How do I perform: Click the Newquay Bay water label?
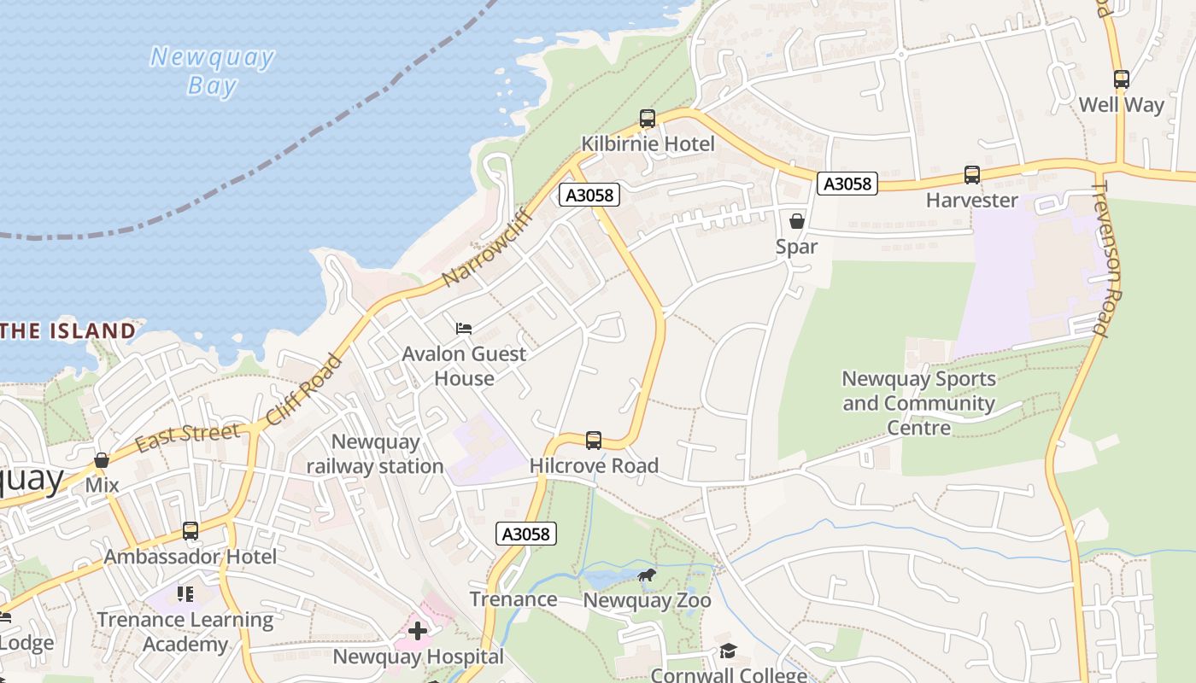tap(212, 71)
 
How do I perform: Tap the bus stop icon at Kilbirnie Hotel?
tap(648, 119)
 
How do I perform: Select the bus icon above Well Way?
tap(1121, 79)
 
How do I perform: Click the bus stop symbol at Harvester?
tap(972, 175)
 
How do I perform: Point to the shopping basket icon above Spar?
tap(797, 221)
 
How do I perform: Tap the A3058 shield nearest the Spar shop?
tap(847, 184)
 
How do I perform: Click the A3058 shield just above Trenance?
tap(526, 534)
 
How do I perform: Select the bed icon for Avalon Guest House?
tap(464, 329)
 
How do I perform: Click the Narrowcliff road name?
tap(489, 247)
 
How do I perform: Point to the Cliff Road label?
tap(304, 389)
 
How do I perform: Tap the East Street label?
tap(187, 435)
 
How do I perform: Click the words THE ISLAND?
tap(68, 330)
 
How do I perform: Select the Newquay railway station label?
tap(375, 453)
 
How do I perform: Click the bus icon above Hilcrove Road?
tap(594, 441)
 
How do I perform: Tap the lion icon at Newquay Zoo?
tap(647, 575)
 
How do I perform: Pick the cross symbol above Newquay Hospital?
tap(418, 631)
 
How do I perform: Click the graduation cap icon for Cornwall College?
tap(728, 651)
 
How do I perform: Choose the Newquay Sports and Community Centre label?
tap(918, 403)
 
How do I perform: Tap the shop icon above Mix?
tap(102, 460)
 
